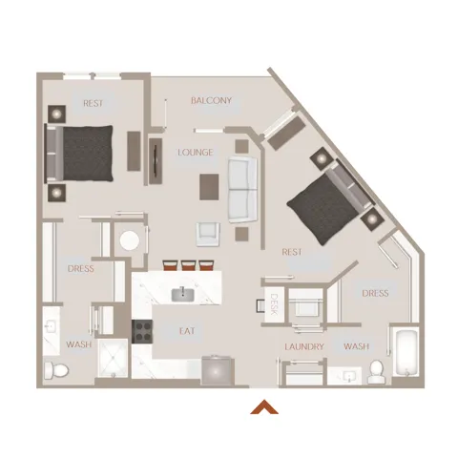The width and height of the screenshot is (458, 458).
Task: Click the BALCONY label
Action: click(211, 100)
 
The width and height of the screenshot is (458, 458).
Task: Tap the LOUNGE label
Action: click(196, 153)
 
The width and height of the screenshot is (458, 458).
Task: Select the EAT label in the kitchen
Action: click(187, 331)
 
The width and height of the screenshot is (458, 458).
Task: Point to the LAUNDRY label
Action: click(304, 346)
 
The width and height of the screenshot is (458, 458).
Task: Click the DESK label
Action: click(274, 304)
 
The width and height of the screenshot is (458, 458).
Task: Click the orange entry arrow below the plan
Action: click(264, 407)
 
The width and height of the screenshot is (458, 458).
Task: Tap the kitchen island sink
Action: click(183, 294)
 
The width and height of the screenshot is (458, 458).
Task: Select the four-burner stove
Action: click(142, 332)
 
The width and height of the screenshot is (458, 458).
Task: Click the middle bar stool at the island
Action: click(188, 265)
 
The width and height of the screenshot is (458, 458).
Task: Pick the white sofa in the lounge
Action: click(242, 190)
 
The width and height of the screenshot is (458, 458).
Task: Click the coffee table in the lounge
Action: click(209, 187)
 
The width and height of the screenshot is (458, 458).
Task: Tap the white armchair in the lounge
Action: click(208, 234)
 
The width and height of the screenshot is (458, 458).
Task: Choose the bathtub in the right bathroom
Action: click(406, 353)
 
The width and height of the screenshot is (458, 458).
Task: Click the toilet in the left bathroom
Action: click(56, 370)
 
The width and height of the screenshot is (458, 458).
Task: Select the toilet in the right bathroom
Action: click(377, 371)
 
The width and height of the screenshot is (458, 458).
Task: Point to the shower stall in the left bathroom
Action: click(113, 358)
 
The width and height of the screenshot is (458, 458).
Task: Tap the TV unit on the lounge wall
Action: click(156, 161)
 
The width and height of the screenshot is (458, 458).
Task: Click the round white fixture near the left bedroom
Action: click(130, 240)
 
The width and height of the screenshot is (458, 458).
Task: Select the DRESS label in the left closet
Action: click(81, 269)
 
